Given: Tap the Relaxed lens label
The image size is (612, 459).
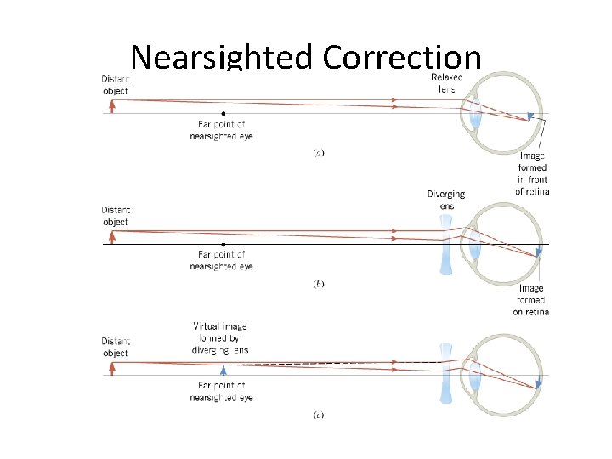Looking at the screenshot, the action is [446, 82].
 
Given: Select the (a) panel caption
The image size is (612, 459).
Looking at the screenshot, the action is [319, 153].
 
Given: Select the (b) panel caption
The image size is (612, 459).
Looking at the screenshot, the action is [319, 284].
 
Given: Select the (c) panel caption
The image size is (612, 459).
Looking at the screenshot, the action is [319, 415].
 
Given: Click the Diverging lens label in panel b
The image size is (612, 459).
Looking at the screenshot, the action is [446, 200].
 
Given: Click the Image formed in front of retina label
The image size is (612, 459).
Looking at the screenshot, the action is [532, 173].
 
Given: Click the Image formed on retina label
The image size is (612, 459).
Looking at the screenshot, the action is [531, 300].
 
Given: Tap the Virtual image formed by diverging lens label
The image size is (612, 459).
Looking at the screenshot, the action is [220, 337].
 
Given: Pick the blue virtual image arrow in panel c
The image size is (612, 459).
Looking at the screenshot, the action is [224, 369].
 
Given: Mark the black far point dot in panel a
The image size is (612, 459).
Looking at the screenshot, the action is [224, 113].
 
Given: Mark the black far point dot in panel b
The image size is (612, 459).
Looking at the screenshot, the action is [224, 244].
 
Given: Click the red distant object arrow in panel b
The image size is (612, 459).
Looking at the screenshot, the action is [112, 237].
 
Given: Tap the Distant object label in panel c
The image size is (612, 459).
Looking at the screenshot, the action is [115, 347].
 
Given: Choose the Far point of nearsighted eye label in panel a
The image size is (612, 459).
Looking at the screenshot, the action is [222, 130].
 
